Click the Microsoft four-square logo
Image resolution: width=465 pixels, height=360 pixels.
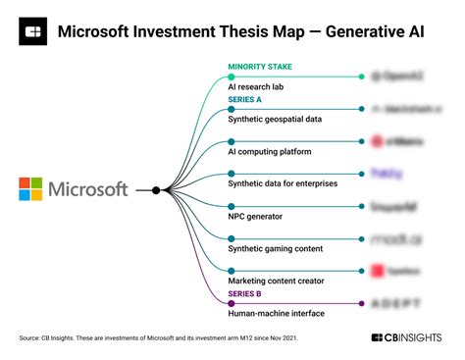coord(31,189)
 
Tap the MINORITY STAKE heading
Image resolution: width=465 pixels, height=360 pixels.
coord(260,68)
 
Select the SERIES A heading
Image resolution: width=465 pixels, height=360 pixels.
coord(246,100)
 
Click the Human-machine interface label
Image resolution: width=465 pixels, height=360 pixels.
coord(278,313)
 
